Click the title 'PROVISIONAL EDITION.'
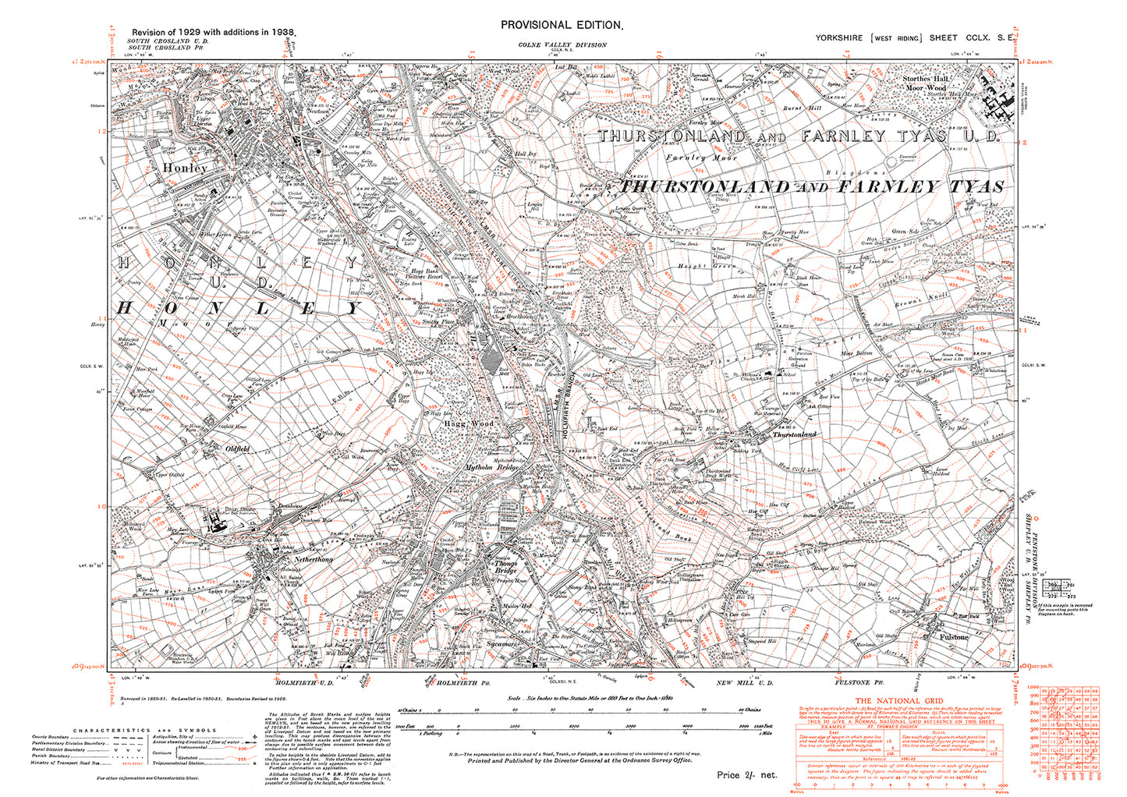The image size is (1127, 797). (562, 25)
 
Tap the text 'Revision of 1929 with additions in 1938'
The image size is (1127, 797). (207, 34)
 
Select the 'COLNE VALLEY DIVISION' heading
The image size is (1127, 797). (562, 45)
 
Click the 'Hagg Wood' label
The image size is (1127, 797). (470, 423)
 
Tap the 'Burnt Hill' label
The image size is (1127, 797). (803, 108)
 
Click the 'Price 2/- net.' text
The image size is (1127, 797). (747, 775)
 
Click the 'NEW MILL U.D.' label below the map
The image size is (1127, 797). (744, 683)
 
